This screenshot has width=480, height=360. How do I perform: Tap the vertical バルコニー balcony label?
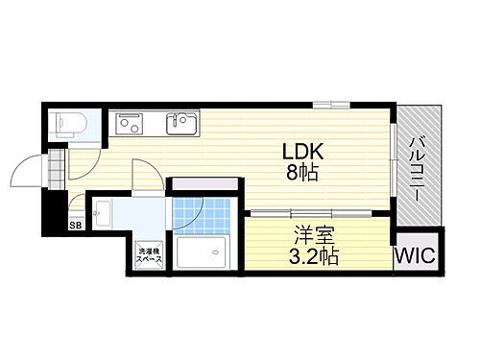[419, 169]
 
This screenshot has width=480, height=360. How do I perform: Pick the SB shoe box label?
[75, 227]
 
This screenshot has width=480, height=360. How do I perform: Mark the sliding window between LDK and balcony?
[395, 169]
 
